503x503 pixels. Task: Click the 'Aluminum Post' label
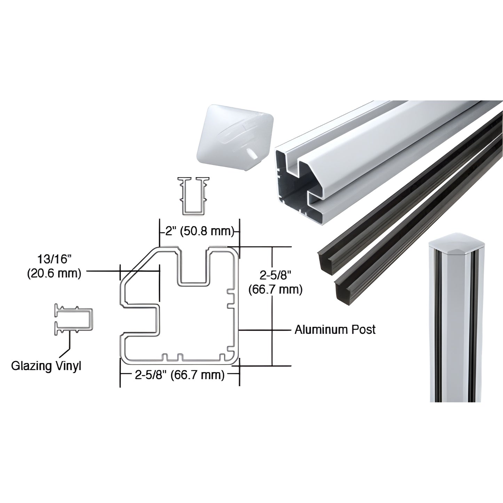(x=335, y=329)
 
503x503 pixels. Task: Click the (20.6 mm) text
(x=54, y=274)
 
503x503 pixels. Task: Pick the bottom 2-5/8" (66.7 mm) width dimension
(x=180, y=375)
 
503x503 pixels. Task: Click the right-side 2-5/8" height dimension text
(x=275, y=275)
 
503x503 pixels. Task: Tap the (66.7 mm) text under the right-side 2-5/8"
(x=275, y=289)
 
